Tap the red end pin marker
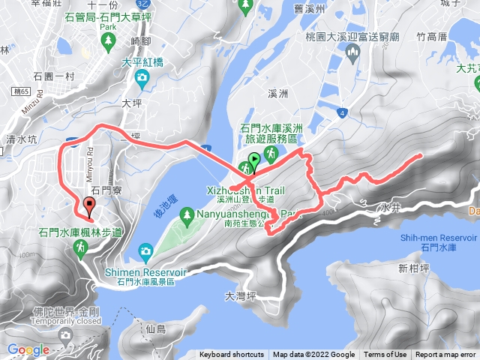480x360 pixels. (90, 205)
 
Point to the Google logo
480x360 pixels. (28, 349)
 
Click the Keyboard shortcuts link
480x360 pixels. (232, 355)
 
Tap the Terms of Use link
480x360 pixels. (385, 355)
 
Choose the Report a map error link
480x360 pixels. (446, 355)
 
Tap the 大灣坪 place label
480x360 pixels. (240, 295)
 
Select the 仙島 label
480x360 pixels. (156, 329)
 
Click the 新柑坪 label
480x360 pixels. (412, 268)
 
